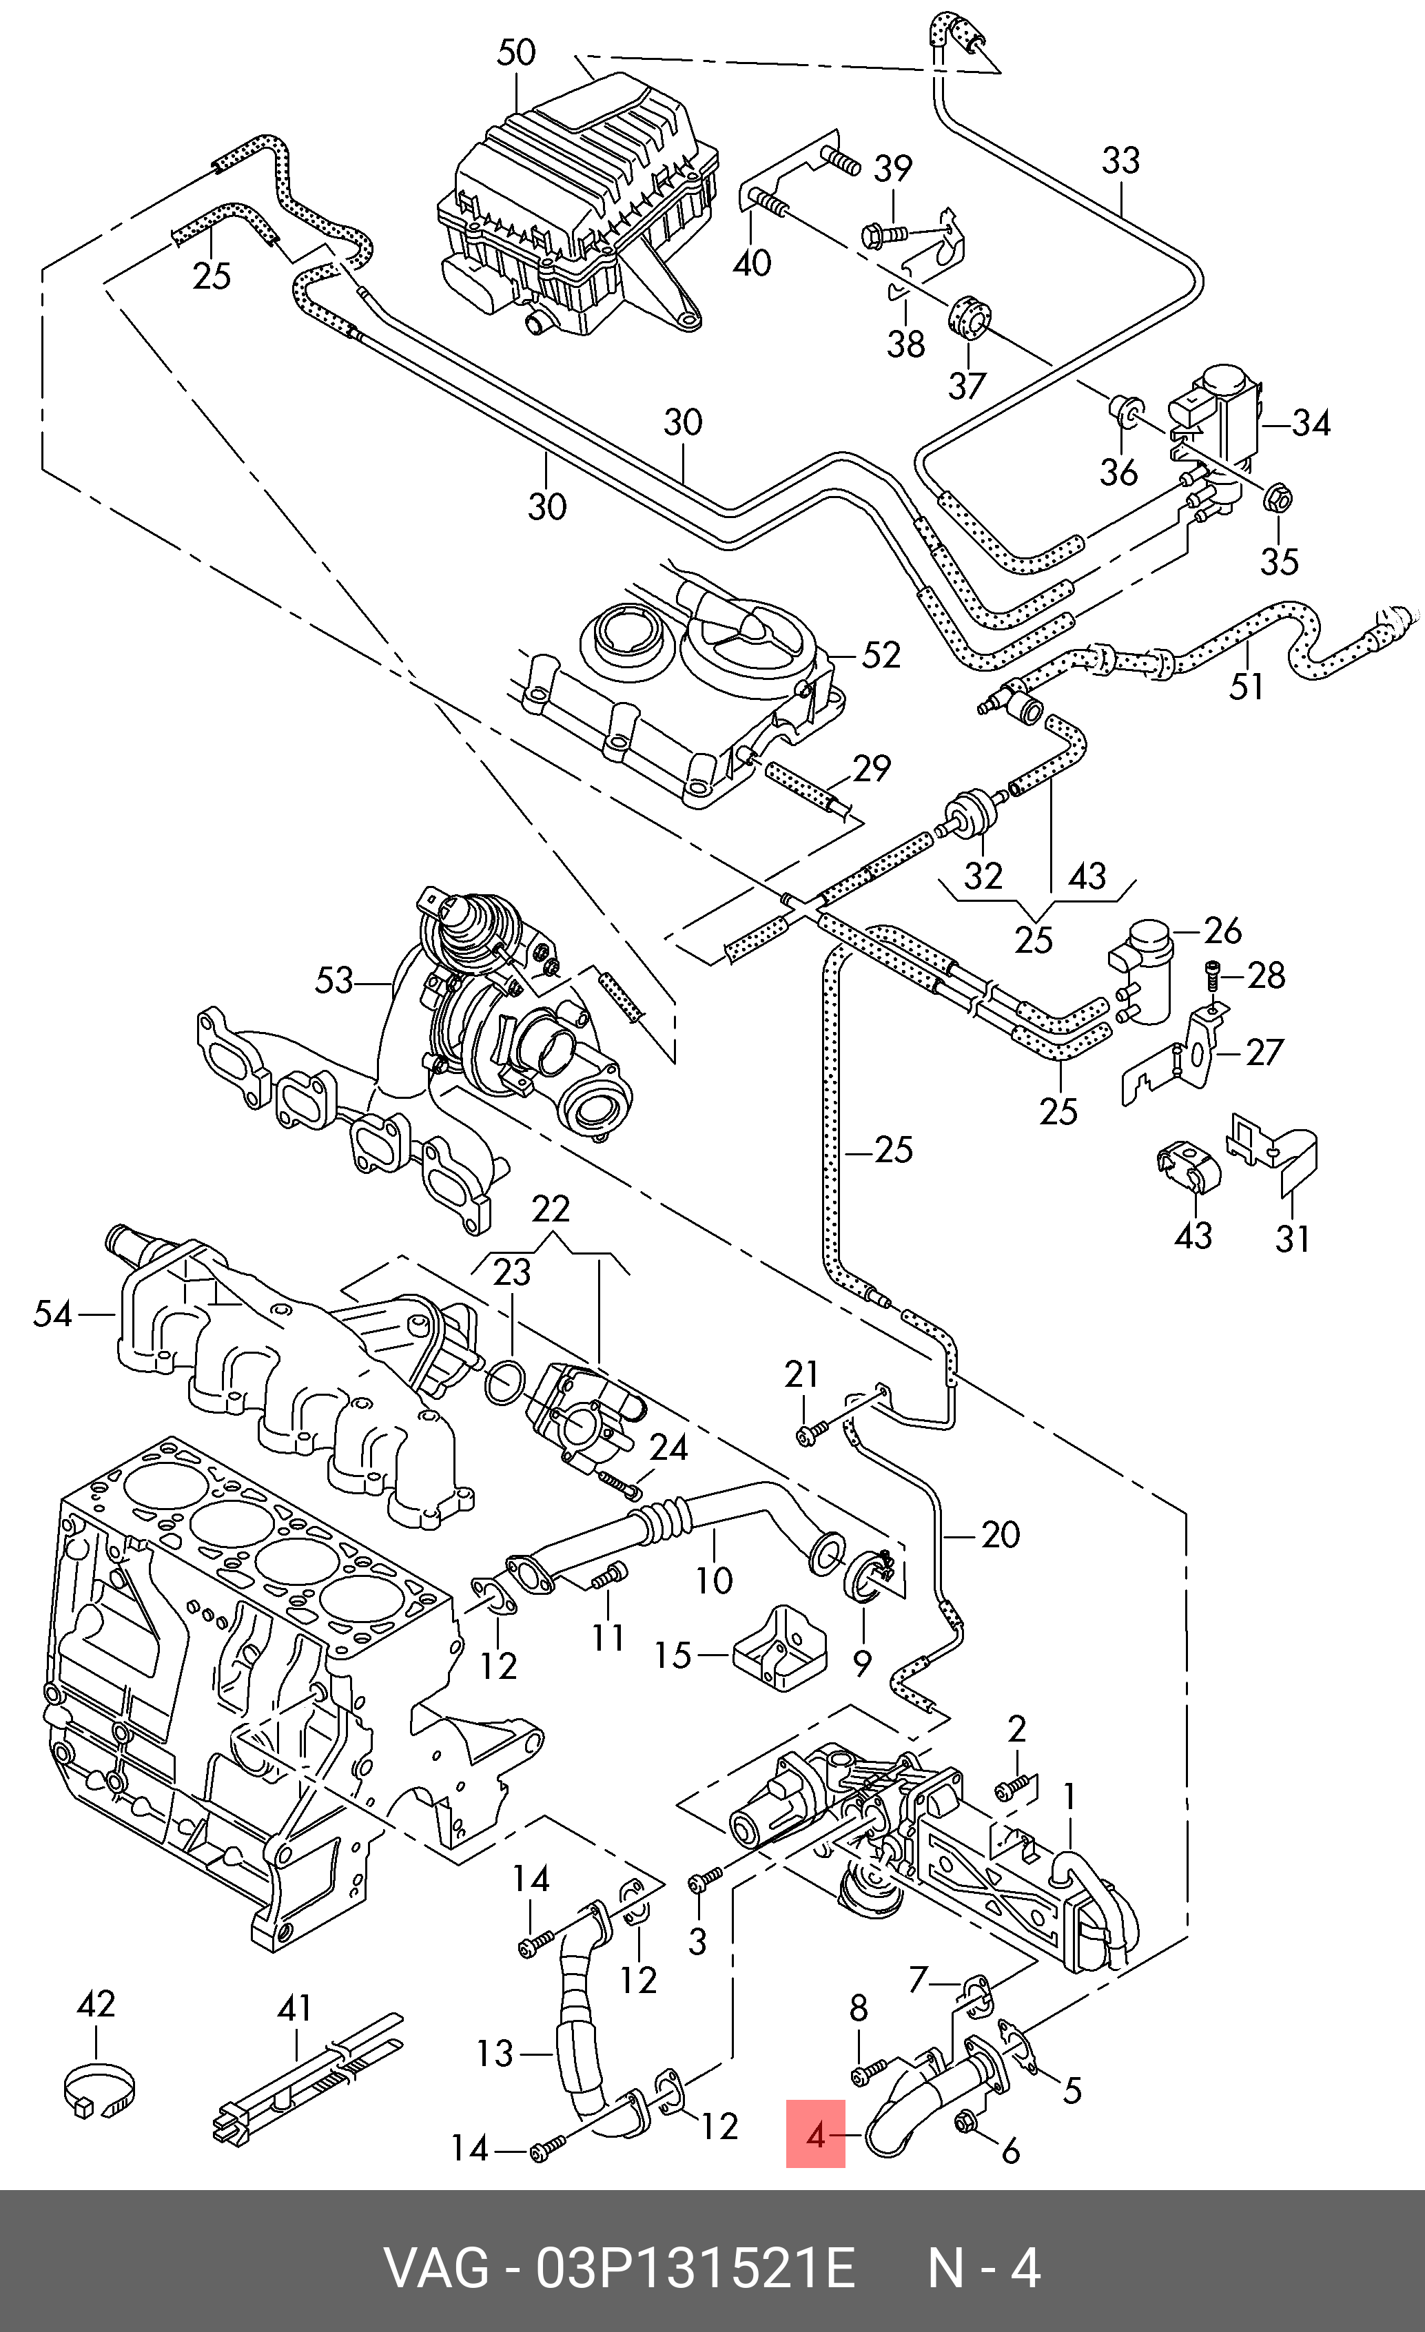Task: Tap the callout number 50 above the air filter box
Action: pyautogui.click(x=516, y=52)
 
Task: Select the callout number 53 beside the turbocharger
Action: pyautogui.click(x=334, y=980)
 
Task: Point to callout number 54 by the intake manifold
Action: pyautogui.click(x=52, y=1314)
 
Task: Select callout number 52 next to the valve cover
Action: pyautogui.click(x=881, y=655)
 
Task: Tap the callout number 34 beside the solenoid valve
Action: pyautogui.click(x=1311, y=423)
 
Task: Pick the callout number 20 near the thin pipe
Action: pyautogui.click(x=1000, y=1535)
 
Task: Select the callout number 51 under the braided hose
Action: pyautogui.click(x=1246, y=686)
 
